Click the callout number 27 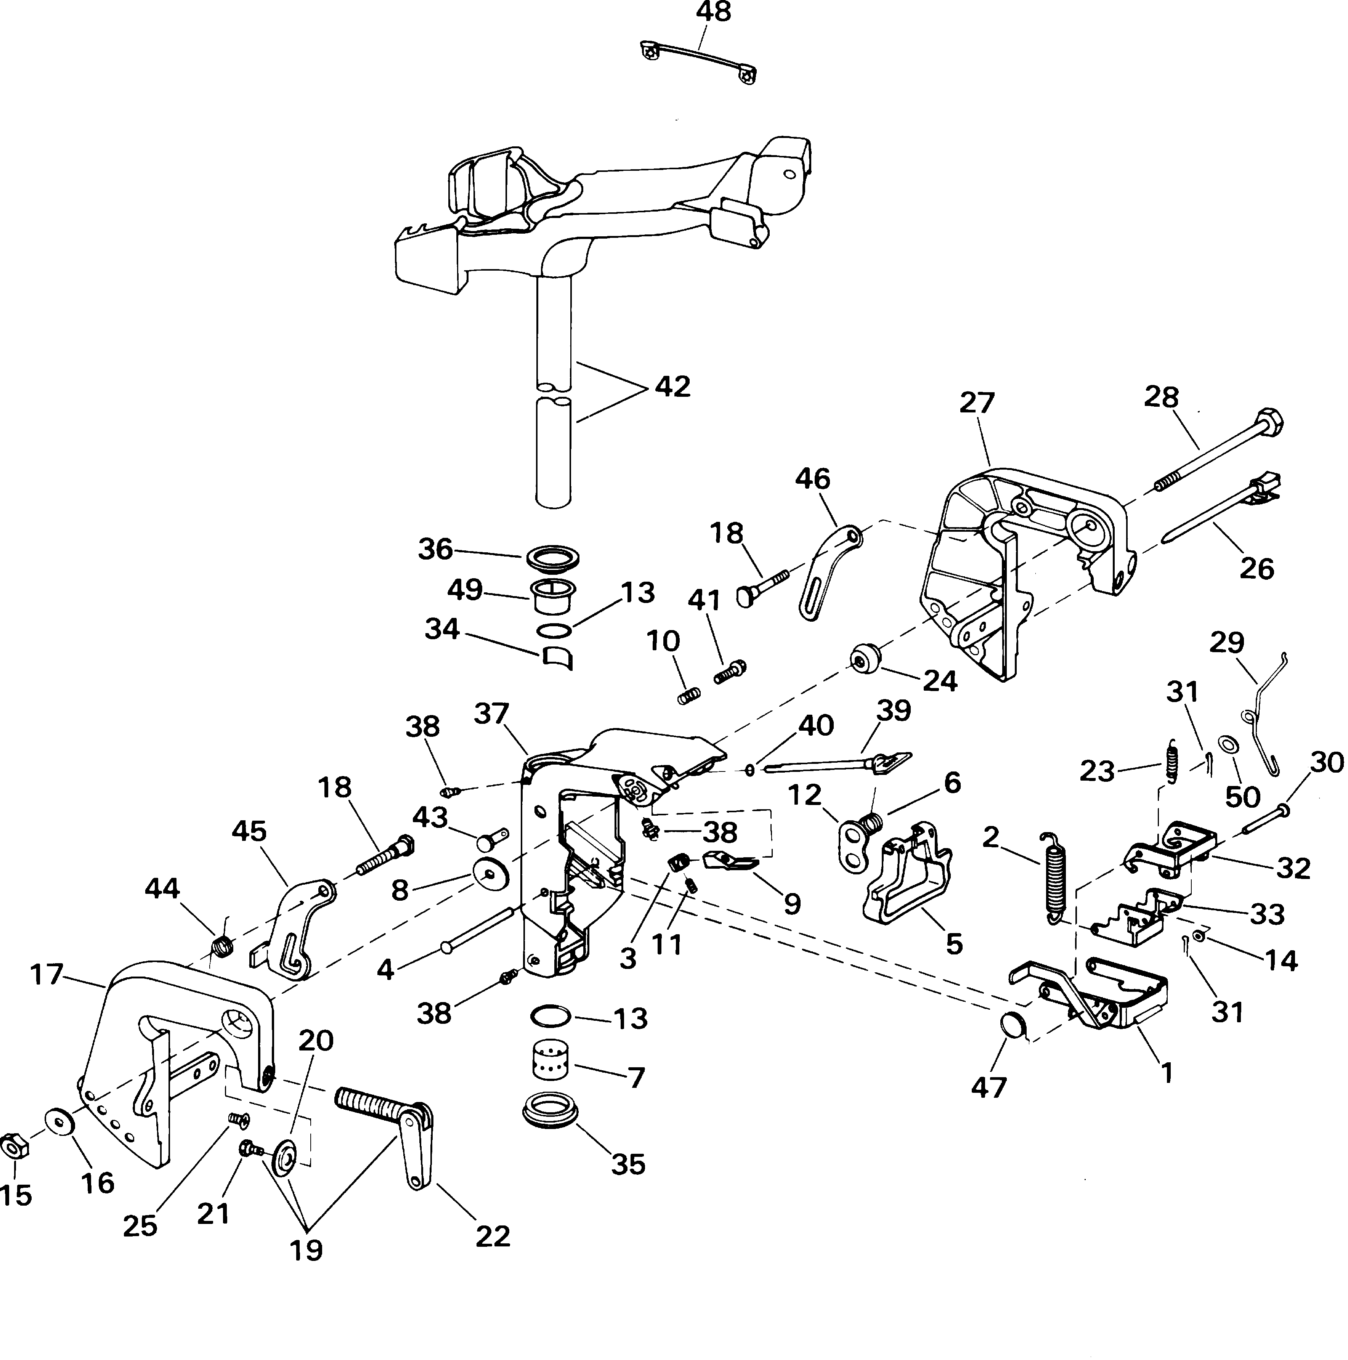(x=977, y=403)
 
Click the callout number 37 (x=491, y=714)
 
